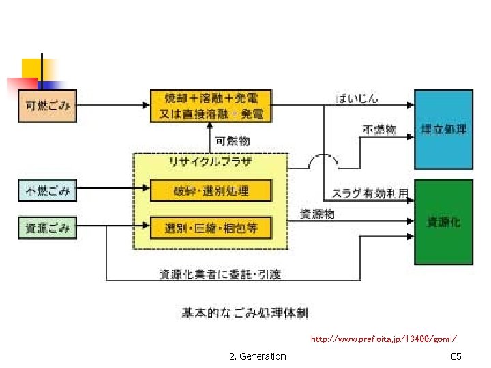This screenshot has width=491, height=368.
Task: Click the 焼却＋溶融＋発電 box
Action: (x=211, y=105)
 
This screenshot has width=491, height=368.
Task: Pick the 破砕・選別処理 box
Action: (x=211, y=190)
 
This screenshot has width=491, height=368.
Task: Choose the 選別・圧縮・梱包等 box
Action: (x=211, y=227)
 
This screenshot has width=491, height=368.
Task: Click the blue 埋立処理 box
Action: (x=443, y=129)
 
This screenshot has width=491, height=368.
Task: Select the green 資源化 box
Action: (x=443, y=221)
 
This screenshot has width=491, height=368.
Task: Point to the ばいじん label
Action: (x=357, y=98)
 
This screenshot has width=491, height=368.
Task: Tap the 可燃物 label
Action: (x=233, y=141)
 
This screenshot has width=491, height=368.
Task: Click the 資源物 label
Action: (x=318, y=213)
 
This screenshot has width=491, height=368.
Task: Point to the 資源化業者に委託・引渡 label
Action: (x=220, y=275)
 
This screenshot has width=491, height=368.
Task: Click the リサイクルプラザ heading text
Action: (x=210, y=162)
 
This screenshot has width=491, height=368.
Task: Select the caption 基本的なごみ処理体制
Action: (x=244, y=313)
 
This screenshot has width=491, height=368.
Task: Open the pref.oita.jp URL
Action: (x=383, y=338)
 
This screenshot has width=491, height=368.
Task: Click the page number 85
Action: (x=456, y=356)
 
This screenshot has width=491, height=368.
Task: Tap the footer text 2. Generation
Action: (x=258, y=356)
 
